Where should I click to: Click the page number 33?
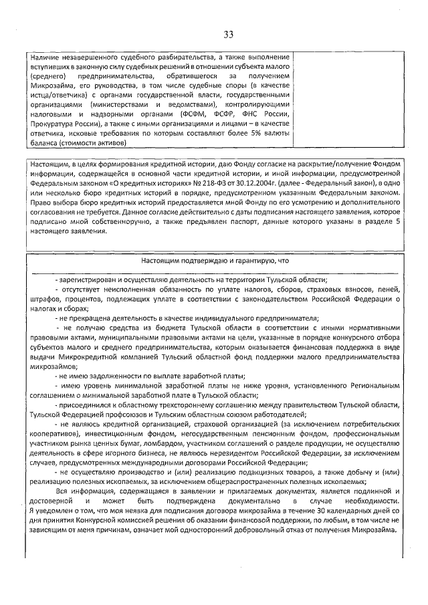coord(228,35)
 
